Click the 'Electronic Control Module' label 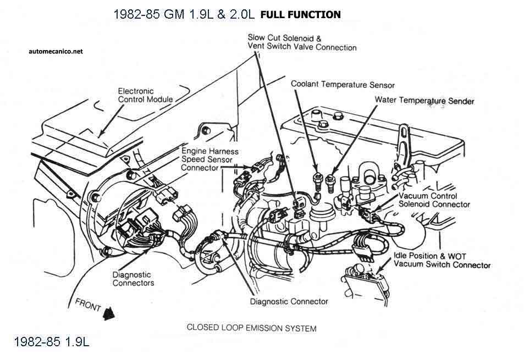(x=145, y=95)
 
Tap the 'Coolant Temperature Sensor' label (x=343, y=85)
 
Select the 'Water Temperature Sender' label (x=424, y=101)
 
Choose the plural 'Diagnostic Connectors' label (x=133, y=279)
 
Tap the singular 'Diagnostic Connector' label (x=289, y=301)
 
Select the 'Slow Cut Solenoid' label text (x=284, y=38)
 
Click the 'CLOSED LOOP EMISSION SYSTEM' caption (x=251, y=328)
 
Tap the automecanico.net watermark (x=56, y=51)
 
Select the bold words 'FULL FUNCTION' (x=300, y=14)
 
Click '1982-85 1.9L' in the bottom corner (x=51, y=342)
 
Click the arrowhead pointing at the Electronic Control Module (x=100, y=133)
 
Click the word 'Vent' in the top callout (x=256, y=47)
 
